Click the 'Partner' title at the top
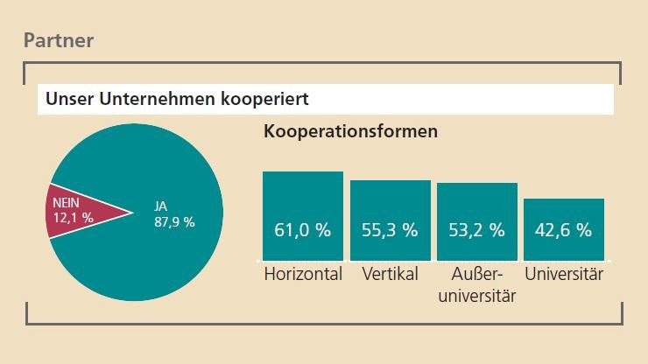pyautogui.click(x=58, y=39)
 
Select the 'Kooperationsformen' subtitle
pyautogui.click(x=350, y=132)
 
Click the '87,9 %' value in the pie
pyautogui.click(x=174, y=221)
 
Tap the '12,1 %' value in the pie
pyautogui.click(x=73, y=219)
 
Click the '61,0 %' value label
pyautogui.click(x=303, y=231)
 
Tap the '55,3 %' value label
pyautogui.click(x=390, y=231)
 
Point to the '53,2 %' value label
pyautogui.click(x=476, y=231)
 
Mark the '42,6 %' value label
pyautogui.click(x=563, y=231)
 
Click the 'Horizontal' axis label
pyautogui.click(x=303, y=275)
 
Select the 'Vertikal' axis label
pyautogui.click(x=390, y=275)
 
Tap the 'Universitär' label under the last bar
pyautogui.click(x=564, y=275)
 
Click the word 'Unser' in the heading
pyautogui.click(x=68, y=99)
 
